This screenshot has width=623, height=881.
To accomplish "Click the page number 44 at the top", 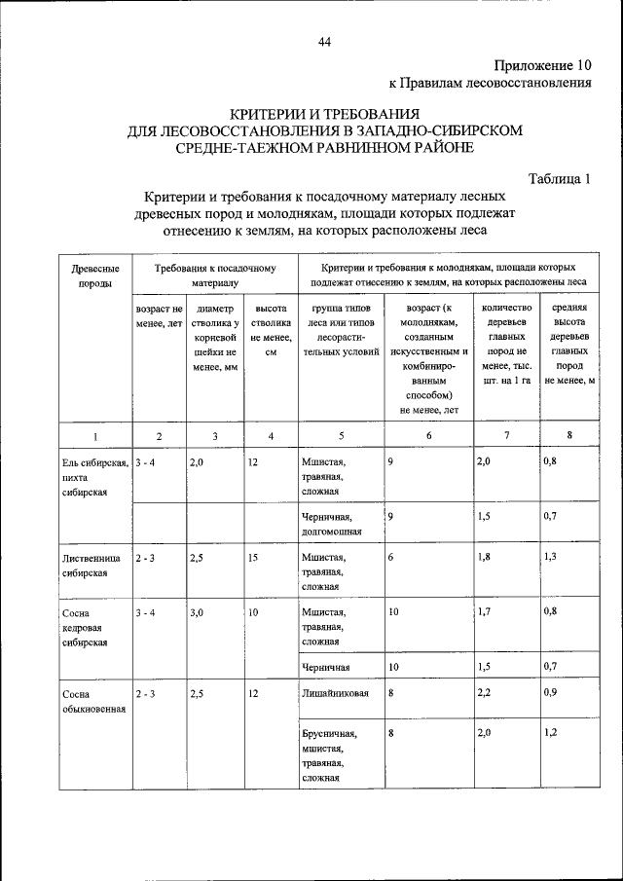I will tap(324, 40).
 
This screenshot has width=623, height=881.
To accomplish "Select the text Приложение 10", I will tap(542, 65).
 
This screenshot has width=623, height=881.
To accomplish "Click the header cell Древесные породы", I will tap(95, 274).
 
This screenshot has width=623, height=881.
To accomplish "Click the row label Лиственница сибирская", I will tap(95, 565).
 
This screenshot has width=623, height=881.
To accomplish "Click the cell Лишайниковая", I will tap(333, 694).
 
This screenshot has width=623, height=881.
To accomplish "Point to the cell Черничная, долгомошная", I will tap(331, 526).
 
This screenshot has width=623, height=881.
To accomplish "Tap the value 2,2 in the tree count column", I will tap(485, 694).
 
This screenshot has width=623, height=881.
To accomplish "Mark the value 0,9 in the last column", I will tap(551, 694).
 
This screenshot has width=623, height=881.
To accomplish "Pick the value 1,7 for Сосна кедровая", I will tap(485, 612).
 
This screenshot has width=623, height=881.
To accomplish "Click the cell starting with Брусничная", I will tap(329, 755).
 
